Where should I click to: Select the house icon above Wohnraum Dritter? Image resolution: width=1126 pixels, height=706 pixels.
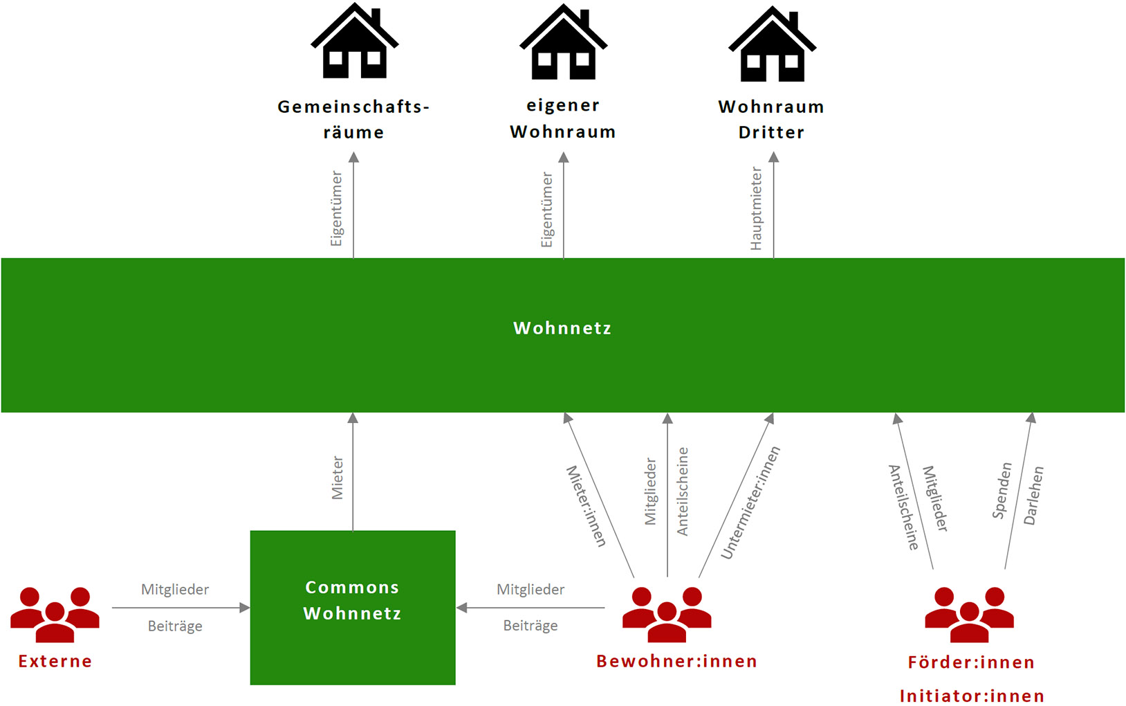tap(772, 45)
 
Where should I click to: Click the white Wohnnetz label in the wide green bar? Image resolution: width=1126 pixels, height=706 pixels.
tap(562, 328)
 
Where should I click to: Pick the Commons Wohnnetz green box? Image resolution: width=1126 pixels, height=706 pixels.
tap(353, 607)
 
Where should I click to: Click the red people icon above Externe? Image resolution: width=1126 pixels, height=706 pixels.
tap(55, 614)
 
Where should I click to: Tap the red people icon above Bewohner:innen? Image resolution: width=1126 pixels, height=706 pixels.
tap(667, 614)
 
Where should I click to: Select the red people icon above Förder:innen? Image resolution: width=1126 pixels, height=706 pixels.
tap(969, 614)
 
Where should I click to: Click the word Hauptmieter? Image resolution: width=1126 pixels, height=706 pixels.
tap(756, 208)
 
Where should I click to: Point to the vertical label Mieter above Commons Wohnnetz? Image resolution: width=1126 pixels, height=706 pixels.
tap(338, 478)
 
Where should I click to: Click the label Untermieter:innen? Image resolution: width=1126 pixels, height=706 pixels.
tap(750, 503)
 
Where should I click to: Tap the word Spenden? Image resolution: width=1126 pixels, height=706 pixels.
tap(1002, 491)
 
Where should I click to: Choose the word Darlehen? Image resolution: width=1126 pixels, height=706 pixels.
tap(1033, 496)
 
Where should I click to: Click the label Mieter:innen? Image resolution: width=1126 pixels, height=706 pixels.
tap(586, 506)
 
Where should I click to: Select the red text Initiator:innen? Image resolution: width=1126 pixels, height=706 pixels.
tap(972, 696)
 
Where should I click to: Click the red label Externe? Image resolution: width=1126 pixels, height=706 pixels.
tap(55, 661)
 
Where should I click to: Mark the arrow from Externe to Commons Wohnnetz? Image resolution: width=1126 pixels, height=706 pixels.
tap(180, 608)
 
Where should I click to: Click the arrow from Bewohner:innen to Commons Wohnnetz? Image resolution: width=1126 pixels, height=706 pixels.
tap(530, 608)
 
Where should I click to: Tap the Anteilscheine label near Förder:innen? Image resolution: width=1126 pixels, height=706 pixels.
tap(903, 508)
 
